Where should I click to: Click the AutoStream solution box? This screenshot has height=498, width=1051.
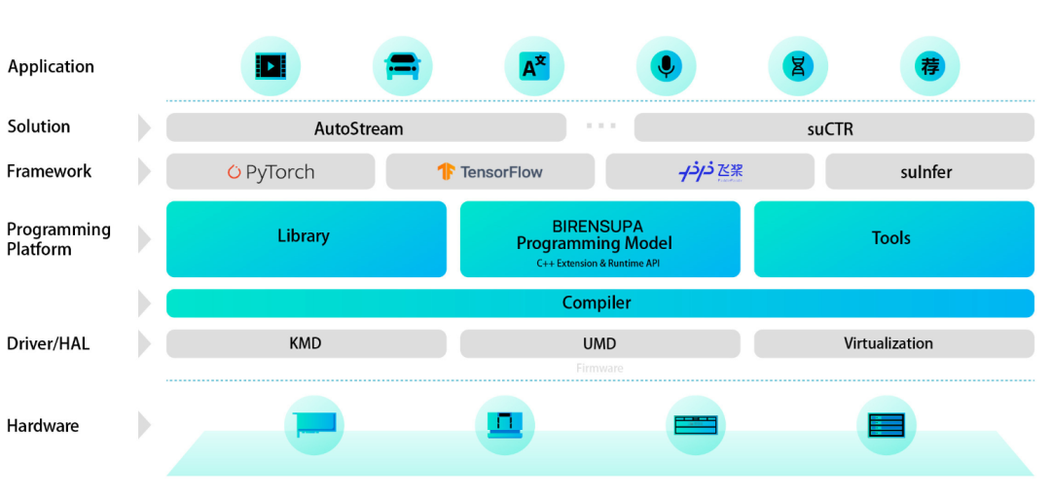(x=366, y=127)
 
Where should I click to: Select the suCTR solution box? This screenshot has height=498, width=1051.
(x=834, y=127)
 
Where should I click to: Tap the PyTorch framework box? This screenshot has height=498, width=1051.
(x=271, y=171)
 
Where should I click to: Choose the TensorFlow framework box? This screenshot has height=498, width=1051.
(x=489, y=171)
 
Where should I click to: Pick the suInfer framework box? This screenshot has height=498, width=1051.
(x=929, y=171)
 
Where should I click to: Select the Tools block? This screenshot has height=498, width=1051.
(x=893, y=238)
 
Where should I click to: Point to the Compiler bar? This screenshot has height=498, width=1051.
(x=599, y=302)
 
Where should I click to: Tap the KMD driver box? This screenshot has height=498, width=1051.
(x=306, y=343)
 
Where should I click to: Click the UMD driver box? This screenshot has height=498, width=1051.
(x=599, y=343)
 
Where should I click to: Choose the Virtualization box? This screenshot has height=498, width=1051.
(x=893, y=343)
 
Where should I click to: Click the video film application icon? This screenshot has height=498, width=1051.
(x=270, y=66)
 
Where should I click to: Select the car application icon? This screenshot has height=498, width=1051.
(x=402, y=66)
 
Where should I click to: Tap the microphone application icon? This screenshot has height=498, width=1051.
(x=666, y=66)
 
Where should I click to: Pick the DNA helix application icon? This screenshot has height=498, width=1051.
(x=798, y=66)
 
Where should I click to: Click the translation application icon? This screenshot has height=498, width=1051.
(x=534, y=66)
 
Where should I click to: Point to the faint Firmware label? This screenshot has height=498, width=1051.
(x=599, y=369)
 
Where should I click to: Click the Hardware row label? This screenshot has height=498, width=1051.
(x=43, y=425)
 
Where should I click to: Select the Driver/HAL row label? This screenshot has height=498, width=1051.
(x=48, y=343)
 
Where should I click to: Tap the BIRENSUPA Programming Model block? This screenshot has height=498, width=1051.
(x=599, y=238)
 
